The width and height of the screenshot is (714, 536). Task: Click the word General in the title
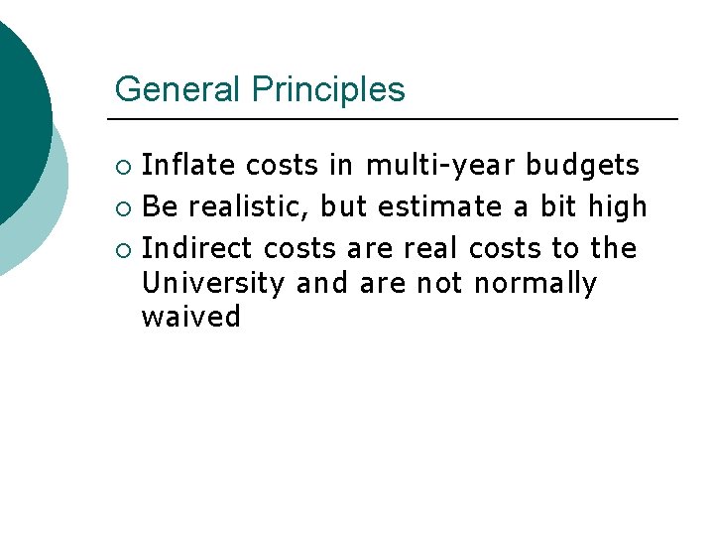click(178, 89)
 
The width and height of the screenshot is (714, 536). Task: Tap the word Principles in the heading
click(328, 90)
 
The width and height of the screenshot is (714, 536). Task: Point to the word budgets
click(582, 164)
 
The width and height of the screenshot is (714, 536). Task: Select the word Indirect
click(198, 247)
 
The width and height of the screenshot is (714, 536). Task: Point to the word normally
click(535, 284)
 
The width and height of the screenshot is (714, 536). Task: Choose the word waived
click(191, 318)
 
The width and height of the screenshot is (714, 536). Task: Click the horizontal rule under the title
click(397, 119)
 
